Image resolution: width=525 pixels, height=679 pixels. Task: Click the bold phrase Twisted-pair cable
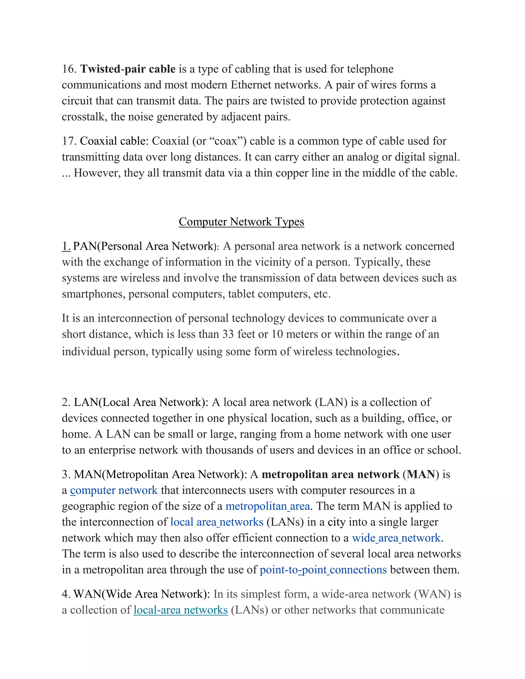[128, 69]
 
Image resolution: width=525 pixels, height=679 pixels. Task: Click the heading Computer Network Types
[241, 222]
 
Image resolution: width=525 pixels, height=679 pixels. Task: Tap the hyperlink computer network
[114, 490]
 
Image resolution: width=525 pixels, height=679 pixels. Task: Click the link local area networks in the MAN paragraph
[217, 522]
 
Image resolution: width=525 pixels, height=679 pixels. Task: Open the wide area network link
[396, 538]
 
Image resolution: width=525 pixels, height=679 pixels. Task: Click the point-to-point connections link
[323, 570]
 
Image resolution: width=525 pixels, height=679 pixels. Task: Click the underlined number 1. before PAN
[66, 246]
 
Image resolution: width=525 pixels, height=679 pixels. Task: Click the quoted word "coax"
[226, 141]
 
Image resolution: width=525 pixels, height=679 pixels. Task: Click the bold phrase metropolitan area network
[330, 475]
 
